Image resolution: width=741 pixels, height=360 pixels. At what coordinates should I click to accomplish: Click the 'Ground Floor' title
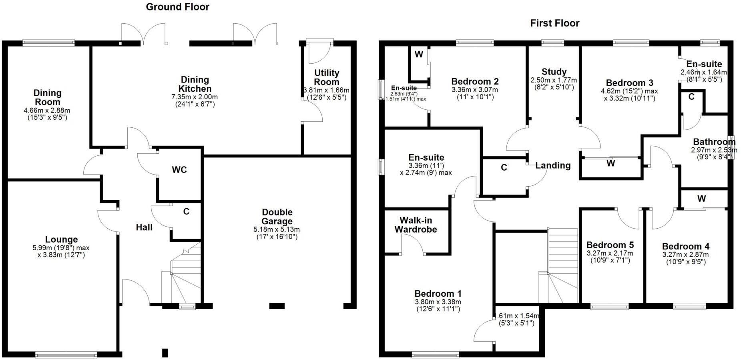click(x=177, y=7)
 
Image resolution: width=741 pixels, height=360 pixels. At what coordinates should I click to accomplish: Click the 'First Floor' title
click(x=554, y=23)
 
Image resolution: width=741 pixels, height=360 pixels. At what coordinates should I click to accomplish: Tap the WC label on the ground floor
click(x=179, y=170)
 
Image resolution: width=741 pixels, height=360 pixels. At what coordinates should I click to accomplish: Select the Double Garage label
click(x=277, y=217)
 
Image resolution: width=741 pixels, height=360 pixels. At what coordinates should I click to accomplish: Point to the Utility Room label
click(x=327, y=77)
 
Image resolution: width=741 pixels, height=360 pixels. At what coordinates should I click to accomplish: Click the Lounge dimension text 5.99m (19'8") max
click(x=61, y=248)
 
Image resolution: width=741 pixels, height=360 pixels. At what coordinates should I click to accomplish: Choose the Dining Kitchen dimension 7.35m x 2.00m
click(x=195, y=97)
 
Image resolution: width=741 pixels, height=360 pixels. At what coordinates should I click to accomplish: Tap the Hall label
click(x=144, y=227)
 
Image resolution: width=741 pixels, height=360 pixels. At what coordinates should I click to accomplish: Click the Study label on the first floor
click(x=554, y=72)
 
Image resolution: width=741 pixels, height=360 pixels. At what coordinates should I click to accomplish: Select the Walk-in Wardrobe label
click(x=416, y=225)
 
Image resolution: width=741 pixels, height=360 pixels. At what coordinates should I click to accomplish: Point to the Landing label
click(x=553, y=165)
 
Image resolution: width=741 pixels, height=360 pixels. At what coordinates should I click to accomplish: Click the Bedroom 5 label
click(x=610, y=245)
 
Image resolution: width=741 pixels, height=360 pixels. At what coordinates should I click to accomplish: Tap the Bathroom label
click(x=714, y=142)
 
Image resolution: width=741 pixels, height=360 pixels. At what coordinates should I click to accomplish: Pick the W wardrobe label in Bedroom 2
click(x=419, y=54)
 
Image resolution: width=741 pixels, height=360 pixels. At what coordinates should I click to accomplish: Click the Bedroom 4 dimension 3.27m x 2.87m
click(x=685, y=255)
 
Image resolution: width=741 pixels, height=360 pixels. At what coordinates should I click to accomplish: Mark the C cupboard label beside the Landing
click(x=504, y=167)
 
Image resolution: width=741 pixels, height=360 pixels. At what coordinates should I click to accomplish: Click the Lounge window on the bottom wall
click(x=66, y=354)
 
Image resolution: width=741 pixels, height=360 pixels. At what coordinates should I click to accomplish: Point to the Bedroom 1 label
click(x=438, y=294)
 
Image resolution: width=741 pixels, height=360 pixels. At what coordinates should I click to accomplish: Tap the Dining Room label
click(x=47, y=97)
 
